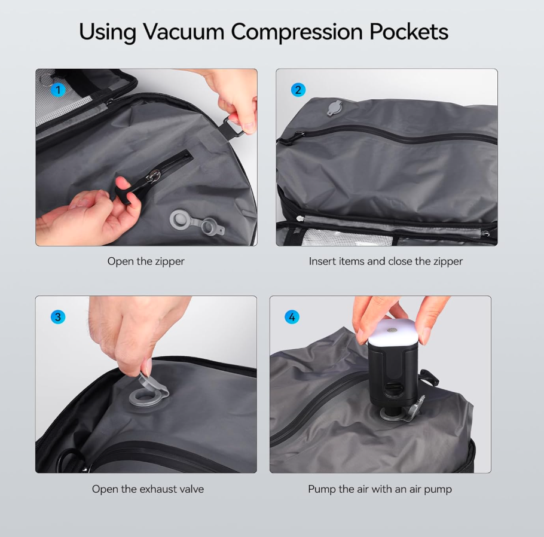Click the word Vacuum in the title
coord(179,32)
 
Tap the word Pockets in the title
coord(407,32)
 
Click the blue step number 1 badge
coord(58,90)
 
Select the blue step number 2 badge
coord(298,90)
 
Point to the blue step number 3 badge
coord(58,317)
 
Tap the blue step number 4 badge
coord(292,317)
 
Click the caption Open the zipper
coord(146,261)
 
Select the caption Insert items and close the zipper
coord(386,261)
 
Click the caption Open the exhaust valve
coord(148,489)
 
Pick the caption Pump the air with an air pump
coord(380,489)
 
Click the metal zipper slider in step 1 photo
coord(155,176)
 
